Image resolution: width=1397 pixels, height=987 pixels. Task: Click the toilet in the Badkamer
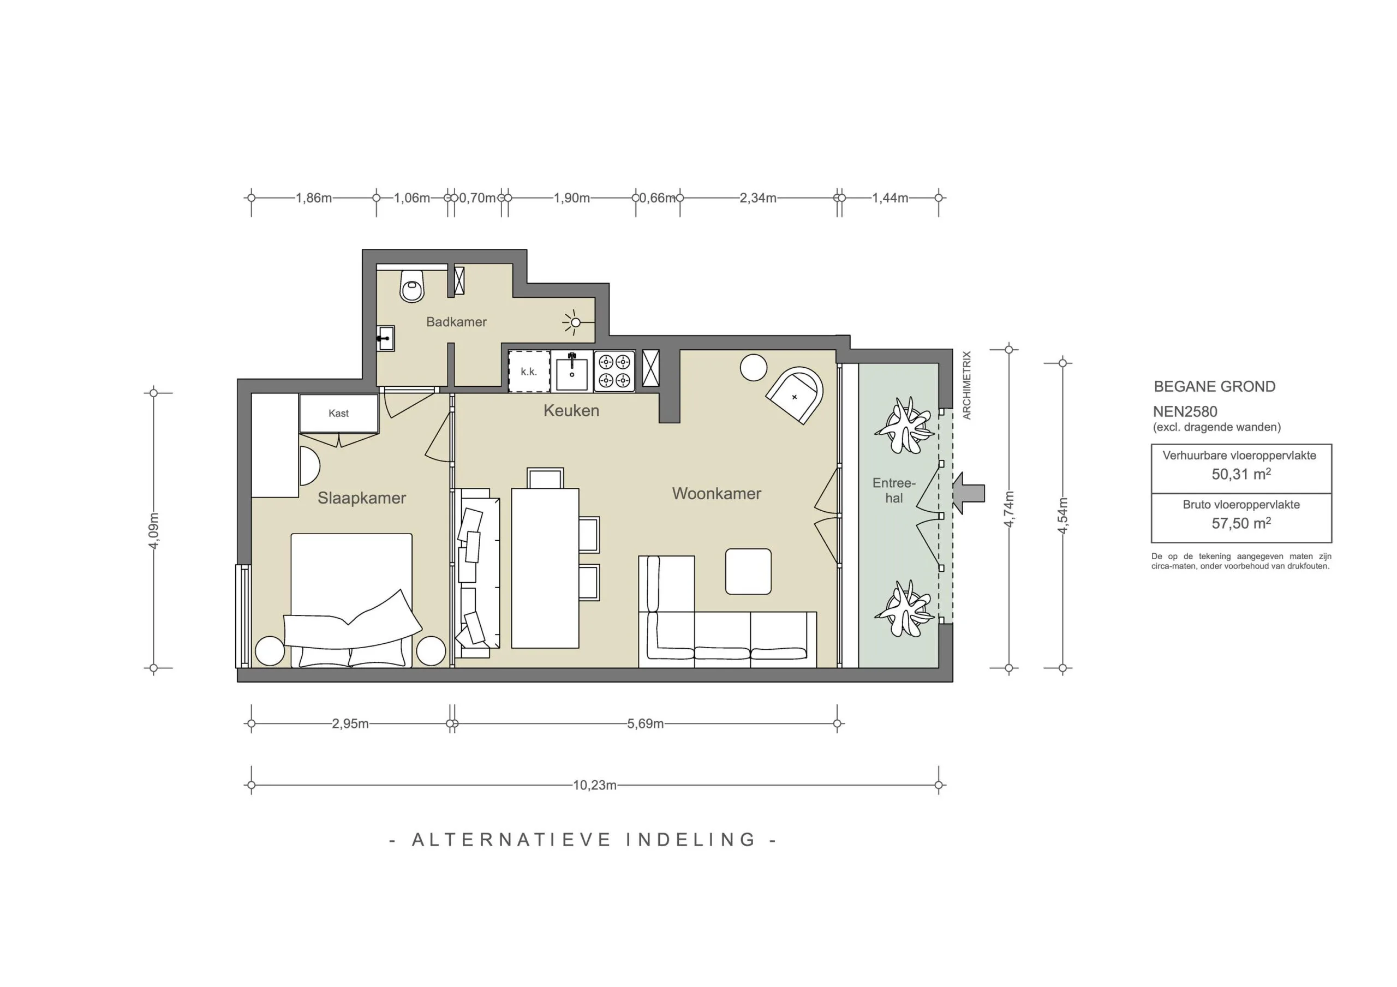(x=412, y=287)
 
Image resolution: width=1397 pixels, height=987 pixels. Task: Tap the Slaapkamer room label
(x=361, y=498)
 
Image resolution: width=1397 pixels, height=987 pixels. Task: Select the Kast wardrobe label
(x=338, y=413)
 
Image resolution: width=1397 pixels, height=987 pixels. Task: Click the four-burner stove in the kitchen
(x=614, y=371)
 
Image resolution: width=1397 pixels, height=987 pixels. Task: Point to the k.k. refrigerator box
(x=529, y=371)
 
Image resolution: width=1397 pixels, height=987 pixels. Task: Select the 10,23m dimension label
(x=594, y=785)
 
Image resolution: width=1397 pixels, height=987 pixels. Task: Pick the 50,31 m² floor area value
(x=1240, y=474)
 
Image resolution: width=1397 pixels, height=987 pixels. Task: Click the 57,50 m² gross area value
(x=1240, y=523)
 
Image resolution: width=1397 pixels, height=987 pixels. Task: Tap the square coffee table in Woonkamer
(x=748, y=571)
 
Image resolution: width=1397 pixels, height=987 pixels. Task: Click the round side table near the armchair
(x=753, y=368)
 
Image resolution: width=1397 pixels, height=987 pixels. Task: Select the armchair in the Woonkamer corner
(x=795, y=395)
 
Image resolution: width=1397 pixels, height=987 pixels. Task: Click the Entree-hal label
(x=893, y=490)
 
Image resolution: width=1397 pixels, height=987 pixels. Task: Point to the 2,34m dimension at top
(x=757, y=198)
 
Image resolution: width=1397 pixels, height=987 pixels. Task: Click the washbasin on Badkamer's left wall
(x=385, y=338)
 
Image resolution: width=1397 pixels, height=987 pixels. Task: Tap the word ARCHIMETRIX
(x=967, y=385)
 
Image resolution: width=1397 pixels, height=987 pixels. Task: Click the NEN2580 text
(x=1185, y=411)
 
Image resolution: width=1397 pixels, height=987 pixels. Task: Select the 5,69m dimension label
(x=645, y=723)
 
